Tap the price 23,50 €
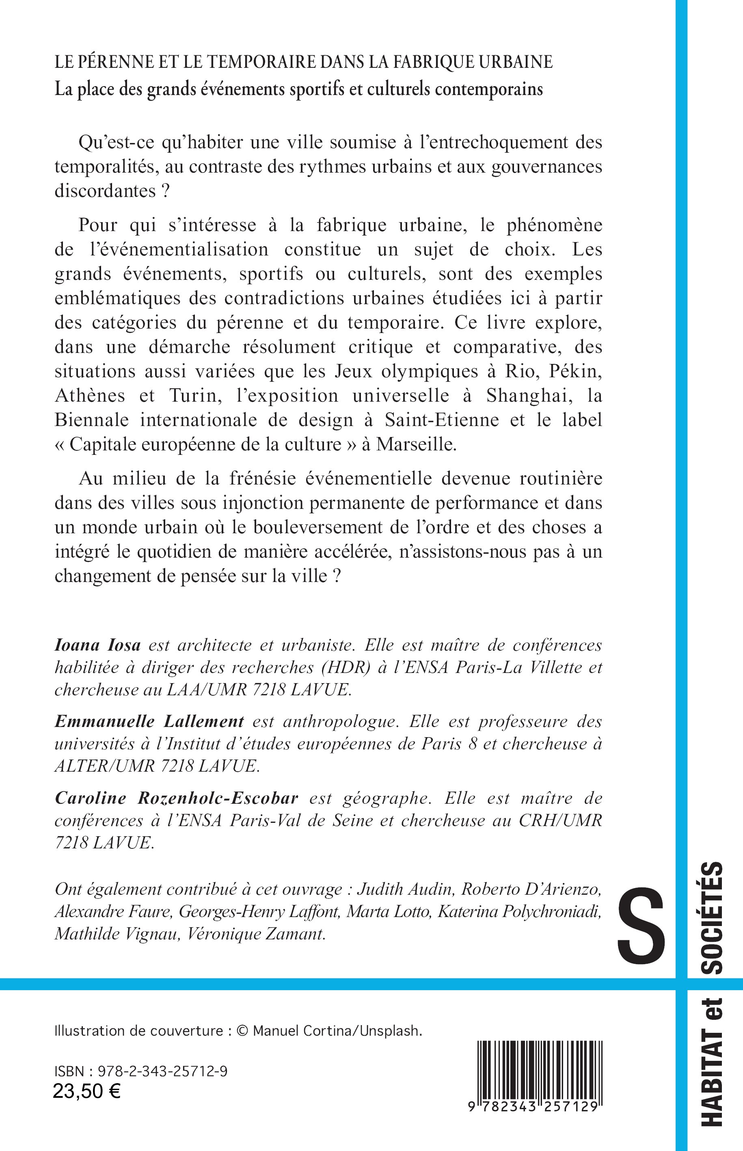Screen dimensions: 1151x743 click(x=87, y=1091)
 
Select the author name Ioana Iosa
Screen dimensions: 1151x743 click(x=97, y=645)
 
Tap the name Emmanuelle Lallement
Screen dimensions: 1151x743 click(x=149, y=721)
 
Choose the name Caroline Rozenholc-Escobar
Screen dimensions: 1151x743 click(x=177, y=798)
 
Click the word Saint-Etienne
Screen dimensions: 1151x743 click(x=441, y=420)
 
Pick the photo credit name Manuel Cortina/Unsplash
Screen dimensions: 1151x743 click(x=337, y=1031)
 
